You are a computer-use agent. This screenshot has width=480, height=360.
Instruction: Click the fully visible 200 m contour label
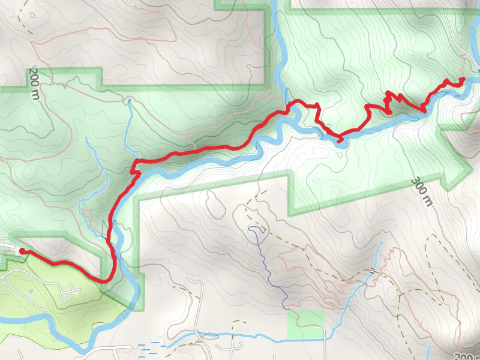click(33, 83)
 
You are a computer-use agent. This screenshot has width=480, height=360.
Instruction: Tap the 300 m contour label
click(422, 191)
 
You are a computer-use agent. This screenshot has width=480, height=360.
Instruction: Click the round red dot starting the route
click(22, 251)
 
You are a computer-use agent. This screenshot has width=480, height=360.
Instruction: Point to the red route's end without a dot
click(463, 79)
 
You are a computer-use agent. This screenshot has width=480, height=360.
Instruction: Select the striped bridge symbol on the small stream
click(373, 271)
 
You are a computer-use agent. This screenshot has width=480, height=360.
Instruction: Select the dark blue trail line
click(267, 264)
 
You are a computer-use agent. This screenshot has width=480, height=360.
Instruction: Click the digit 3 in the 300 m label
click(416, 181)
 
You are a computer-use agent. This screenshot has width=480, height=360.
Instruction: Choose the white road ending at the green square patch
click(325, 342)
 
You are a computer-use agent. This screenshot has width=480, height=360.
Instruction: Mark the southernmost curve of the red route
click(105, 280)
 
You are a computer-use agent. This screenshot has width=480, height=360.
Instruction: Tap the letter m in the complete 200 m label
click(34, 95)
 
